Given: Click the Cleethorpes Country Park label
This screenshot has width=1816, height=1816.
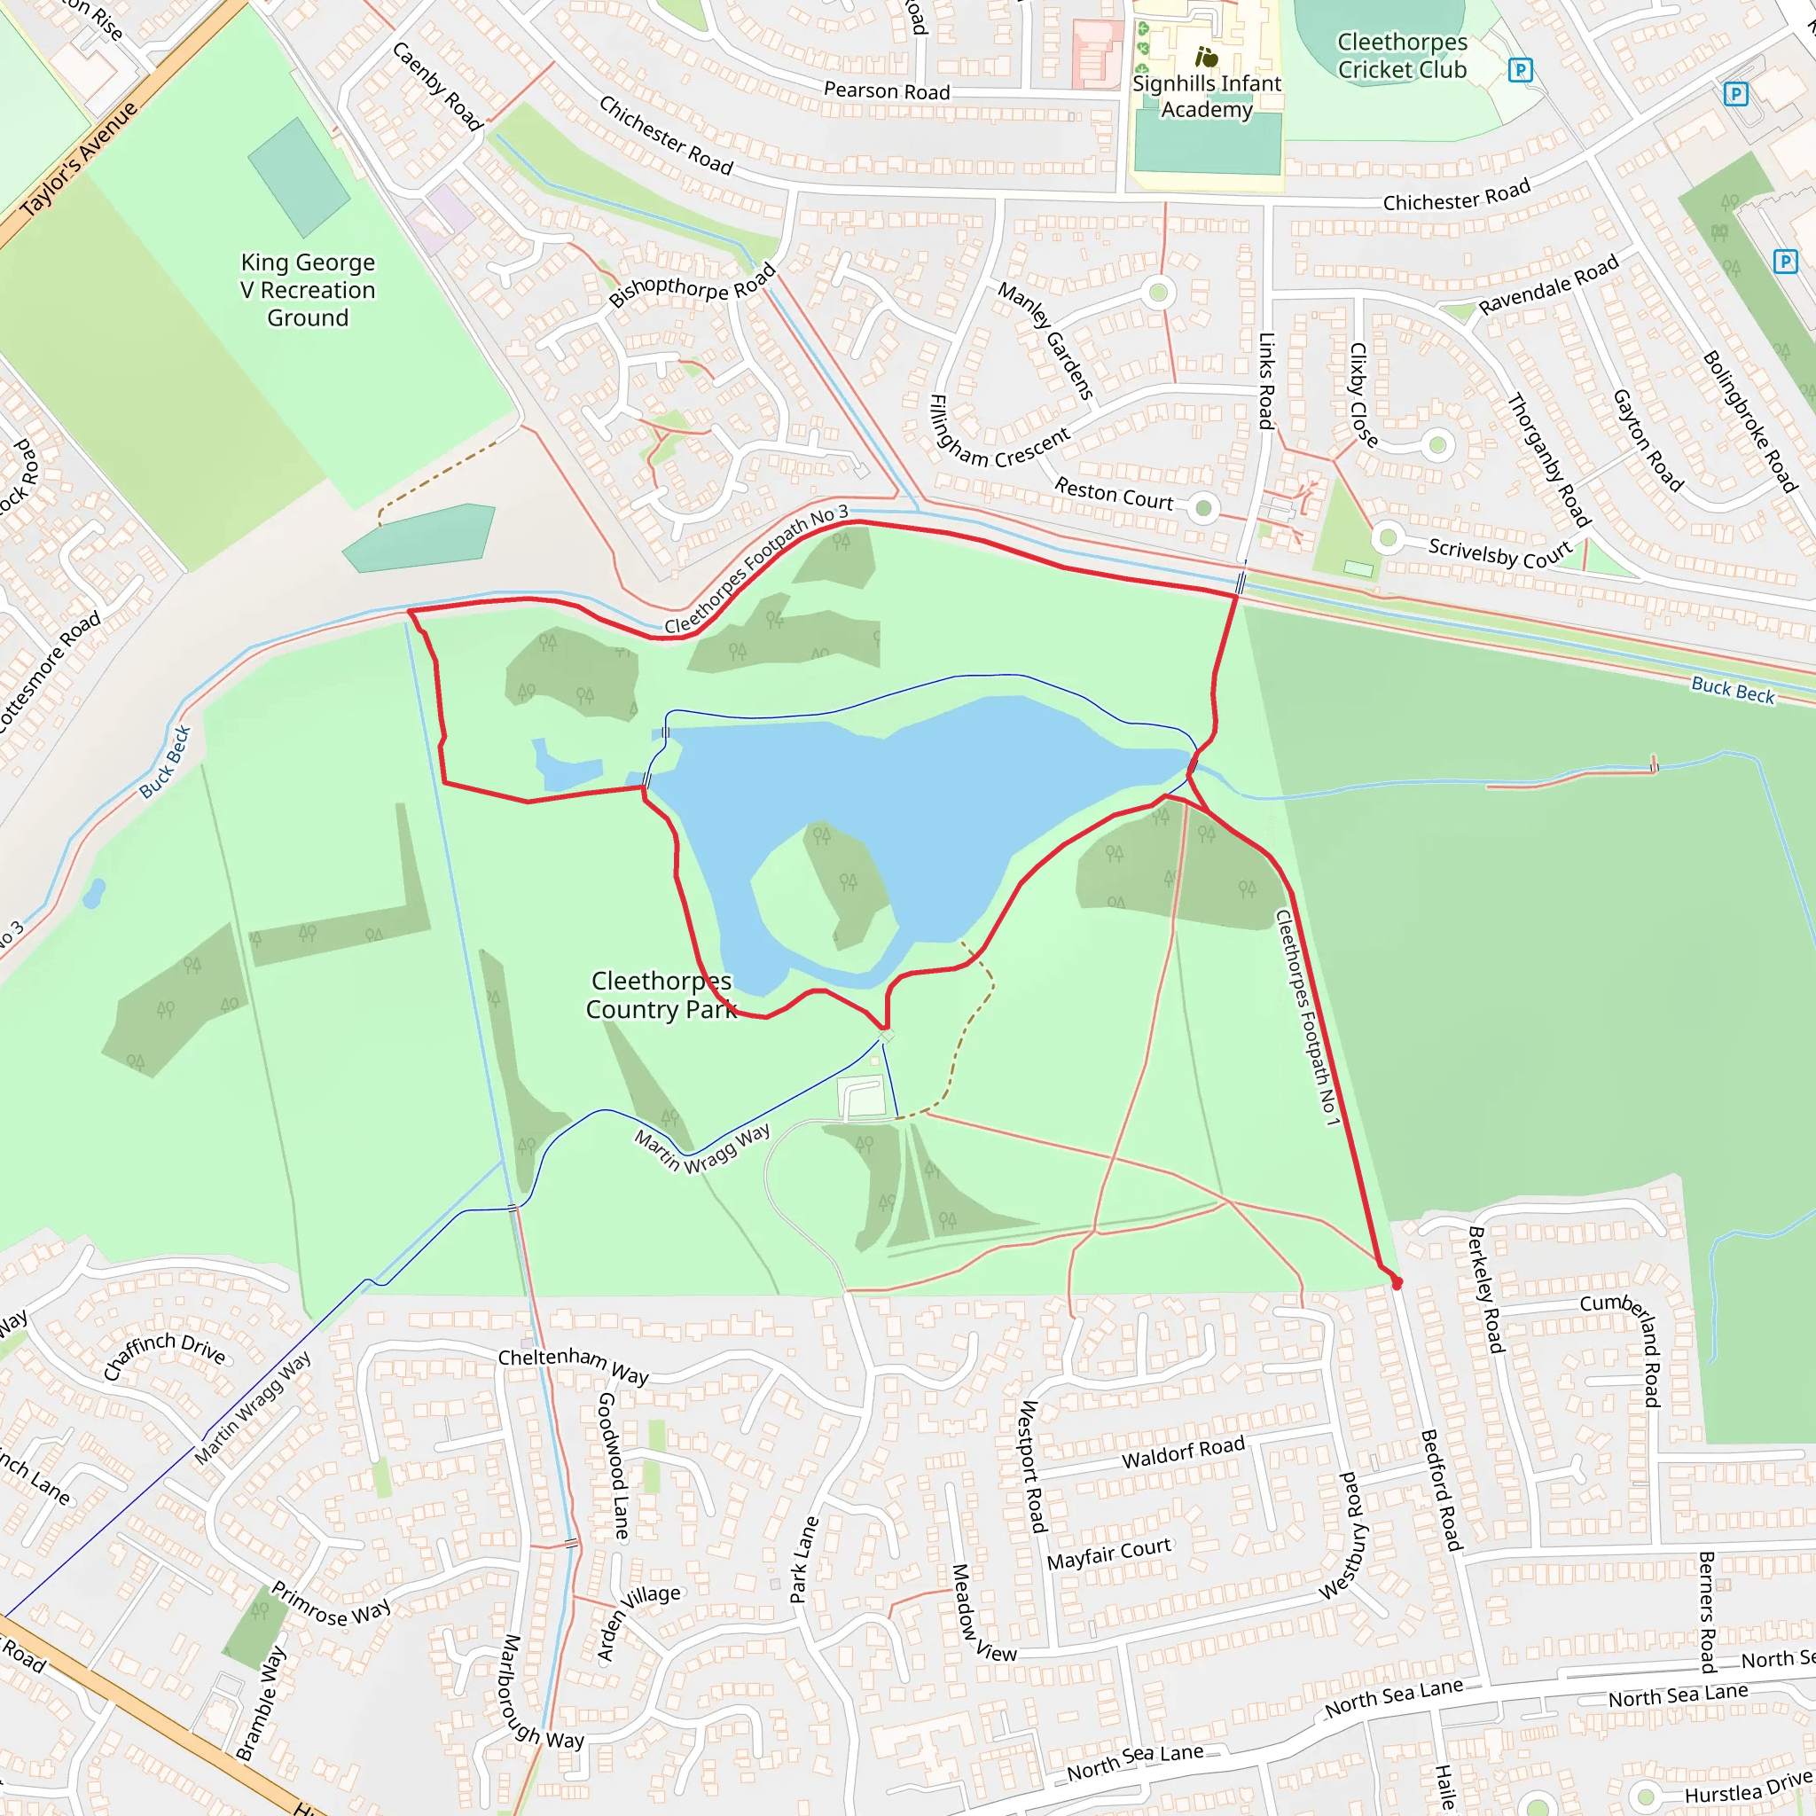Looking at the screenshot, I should point(660,995).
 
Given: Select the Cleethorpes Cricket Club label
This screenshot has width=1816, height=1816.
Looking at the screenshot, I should point(1402,56).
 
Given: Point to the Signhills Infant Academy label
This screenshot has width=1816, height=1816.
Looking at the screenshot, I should point(1206,96).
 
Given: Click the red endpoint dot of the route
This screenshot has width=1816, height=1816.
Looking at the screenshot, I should point(1397,1283).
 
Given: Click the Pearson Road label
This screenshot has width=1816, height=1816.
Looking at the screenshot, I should point(887,91).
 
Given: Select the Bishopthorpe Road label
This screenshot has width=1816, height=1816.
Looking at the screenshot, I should point(692,285).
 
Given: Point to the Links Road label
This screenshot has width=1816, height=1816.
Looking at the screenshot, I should point(1267,380).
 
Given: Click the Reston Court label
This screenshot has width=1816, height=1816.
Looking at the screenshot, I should point(1114,494).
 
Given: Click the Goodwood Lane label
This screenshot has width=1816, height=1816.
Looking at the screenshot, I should point(613,1466).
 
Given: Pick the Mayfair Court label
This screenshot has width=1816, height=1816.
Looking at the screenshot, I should point(1109,1554).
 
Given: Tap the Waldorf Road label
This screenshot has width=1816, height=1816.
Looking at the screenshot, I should point(1183,1452).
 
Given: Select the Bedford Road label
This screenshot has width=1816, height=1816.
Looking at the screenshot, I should point(1441,1490).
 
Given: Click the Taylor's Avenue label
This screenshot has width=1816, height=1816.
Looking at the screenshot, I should point(79,158).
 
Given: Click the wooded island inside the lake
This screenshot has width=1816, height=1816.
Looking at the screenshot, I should point(846,883).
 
